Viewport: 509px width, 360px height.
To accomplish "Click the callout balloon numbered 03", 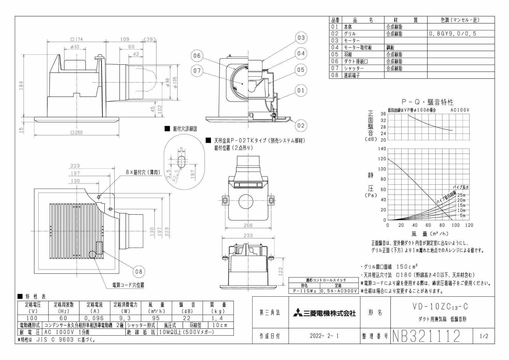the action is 301,38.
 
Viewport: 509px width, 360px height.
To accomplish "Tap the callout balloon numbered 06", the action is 197,56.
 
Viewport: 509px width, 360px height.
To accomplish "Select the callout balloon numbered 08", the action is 139,272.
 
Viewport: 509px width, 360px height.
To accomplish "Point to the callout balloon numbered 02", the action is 301,125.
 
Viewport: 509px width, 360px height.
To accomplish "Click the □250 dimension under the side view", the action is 77,132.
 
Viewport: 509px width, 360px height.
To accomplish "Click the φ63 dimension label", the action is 75,47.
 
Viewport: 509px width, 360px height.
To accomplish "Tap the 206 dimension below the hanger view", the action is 248,225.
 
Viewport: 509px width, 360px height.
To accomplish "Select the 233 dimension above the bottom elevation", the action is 248,236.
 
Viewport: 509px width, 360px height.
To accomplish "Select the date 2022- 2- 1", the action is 324,336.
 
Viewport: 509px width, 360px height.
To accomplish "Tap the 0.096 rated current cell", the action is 93,318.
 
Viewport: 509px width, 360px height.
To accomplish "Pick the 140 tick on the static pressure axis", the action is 382,149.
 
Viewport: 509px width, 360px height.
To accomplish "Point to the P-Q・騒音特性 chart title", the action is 427,102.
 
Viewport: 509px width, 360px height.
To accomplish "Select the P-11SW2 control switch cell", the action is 305,291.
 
